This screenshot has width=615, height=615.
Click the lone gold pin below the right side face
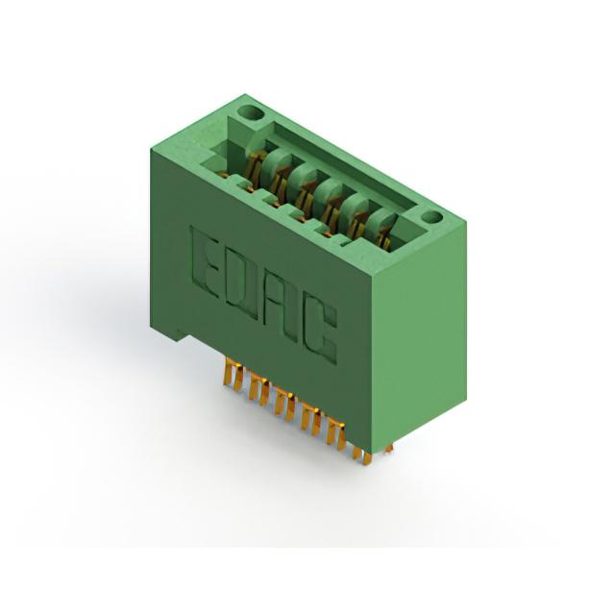[388, 449]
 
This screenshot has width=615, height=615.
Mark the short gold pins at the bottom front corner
[361, 455]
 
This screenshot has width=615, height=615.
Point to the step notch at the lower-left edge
[178, 332]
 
